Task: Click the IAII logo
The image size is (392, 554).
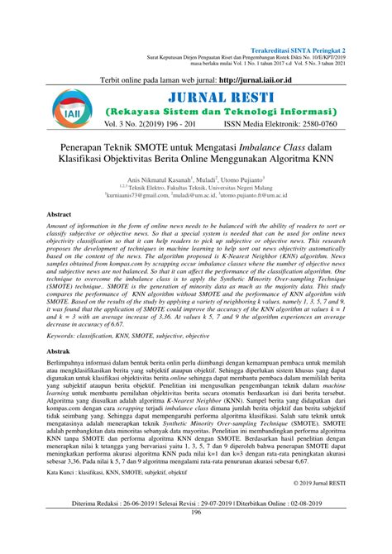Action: click(65, 112)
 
